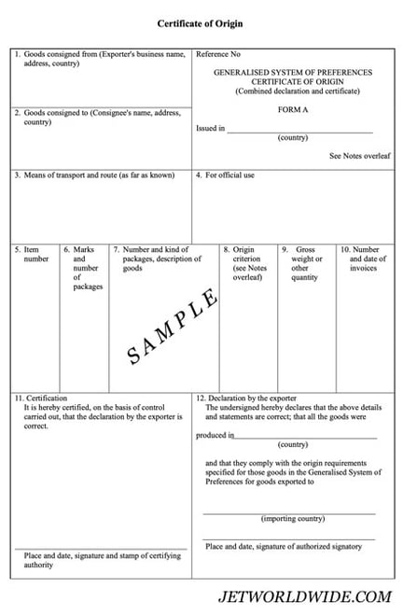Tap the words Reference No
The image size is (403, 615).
(x=217, y=55)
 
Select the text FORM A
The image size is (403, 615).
(x=292, y=109)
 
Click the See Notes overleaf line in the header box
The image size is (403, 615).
(x=357, y=156)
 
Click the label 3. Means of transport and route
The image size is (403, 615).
(x=93, y=175)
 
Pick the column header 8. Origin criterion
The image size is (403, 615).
(x=246, y=263)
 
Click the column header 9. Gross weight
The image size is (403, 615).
(x=305, y=263)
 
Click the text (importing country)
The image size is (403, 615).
(x=292, y=518)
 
